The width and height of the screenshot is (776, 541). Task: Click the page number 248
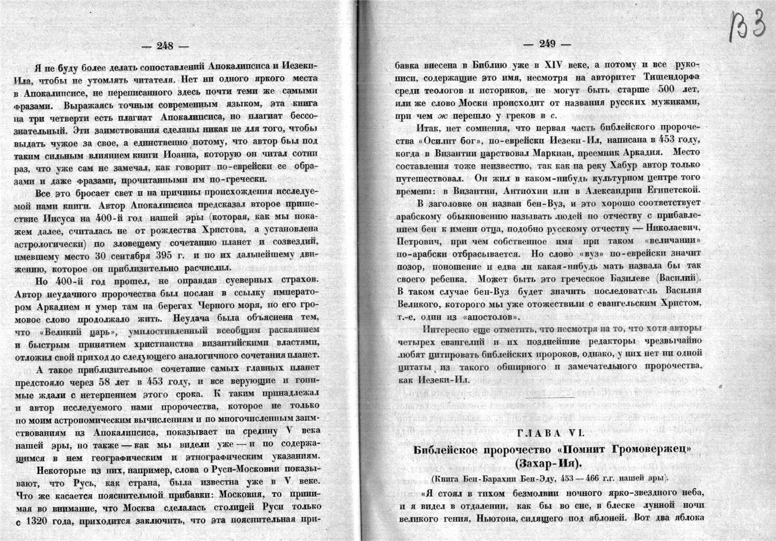(x=165, y=46)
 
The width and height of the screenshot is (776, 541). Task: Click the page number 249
(x=548, y=43)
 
